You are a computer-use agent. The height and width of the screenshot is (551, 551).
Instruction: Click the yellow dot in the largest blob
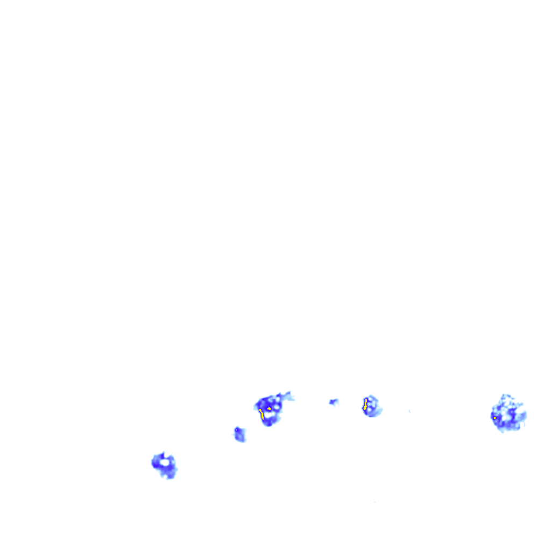(495, 418)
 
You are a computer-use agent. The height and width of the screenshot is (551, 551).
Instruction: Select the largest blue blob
(508, 414)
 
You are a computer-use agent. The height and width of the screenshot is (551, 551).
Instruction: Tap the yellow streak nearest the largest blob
(365, 404)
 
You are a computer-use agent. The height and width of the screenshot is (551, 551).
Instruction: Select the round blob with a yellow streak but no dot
(371, 406)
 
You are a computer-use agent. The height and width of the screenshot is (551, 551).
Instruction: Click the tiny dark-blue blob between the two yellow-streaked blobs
(334, 401)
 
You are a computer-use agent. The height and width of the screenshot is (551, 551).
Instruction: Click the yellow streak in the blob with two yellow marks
(261, 414)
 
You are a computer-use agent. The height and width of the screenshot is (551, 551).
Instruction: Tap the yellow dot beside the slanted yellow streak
(269, 408)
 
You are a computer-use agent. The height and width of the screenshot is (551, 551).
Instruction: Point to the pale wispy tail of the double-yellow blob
(289, 397)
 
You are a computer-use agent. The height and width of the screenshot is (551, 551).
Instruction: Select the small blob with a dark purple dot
(239, 434)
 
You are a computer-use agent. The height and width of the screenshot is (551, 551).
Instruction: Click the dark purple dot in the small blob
(236, 429)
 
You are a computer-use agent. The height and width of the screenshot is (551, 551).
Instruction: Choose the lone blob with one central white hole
(165, 465)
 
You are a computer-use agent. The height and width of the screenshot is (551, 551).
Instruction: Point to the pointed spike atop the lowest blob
(163, 453)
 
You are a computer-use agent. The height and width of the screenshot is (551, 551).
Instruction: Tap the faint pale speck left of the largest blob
(409, 411)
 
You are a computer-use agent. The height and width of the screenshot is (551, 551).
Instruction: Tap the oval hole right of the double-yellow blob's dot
(276, 408)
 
